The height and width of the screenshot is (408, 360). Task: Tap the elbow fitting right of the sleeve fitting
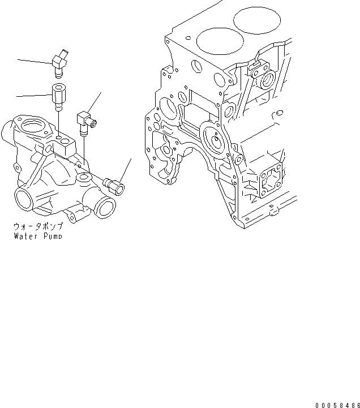point(85,120)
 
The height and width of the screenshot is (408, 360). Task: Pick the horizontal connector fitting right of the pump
point(115,185)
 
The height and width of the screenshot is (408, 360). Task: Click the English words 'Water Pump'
point(37,235)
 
